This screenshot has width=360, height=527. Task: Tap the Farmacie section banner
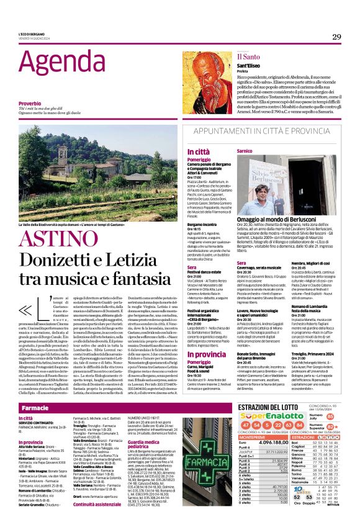(35, 408)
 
